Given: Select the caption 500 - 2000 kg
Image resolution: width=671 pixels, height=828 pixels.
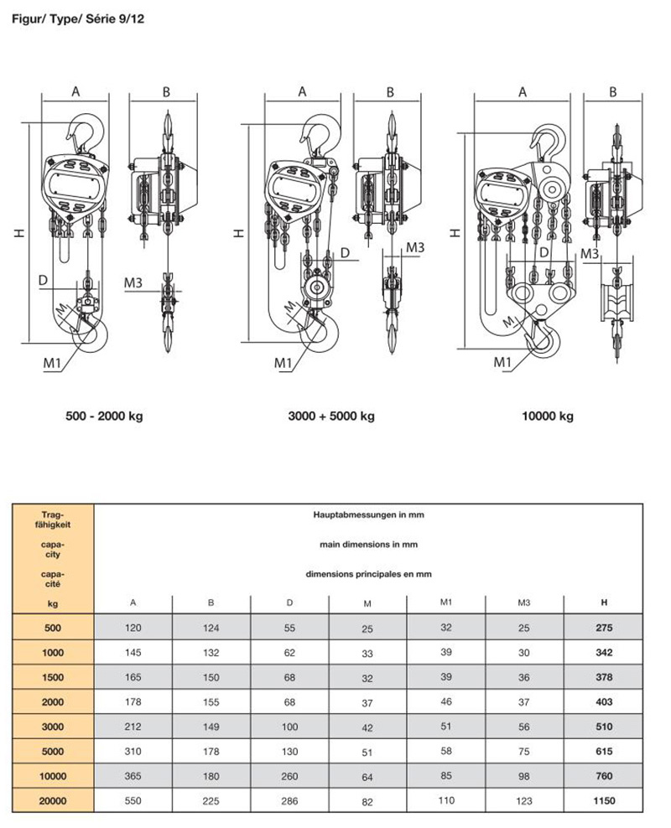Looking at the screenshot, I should tap(106, 417).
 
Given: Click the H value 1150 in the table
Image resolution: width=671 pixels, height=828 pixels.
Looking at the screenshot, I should tap(603, 800).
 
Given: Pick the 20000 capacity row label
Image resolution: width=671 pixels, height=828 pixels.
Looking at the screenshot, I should tap(53, 800).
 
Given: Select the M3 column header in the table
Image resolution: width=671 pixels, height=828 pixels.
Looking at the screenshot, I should tap(524, 602).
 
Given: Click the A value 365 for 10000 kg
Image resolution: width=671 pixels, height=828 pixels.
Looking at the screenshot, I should tap(133, 776).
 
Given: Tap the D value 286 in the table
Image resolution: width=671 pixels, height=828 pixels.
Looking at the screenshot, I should tap(290, 800).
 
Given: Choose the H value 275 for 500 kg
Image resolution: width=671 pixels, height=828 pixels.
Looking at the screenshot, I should tap(603, 627).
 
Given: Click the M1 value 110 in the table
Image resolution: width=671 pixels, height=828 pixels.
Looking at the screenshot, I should tap(445, 800).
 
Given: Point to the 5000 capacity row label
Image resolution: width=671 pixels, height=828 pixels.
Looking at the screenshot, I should tap(53, 751).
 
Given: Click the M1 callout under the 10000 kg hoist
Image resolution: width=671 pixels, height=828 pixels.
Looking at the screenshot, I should tap(502, 362).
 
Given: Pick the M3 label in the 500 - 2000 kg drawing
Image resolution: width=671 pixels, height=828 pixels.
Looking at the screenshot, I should tap(133, 282).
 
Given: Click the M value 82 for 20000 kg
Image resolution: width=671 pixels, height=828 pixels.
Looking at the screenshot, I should tap(367, 800).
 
